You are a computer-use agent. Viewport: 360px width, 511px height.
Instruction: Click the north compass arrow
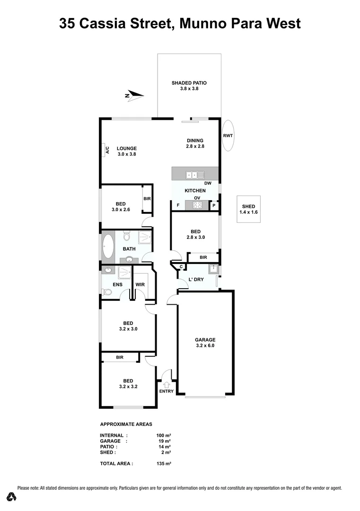(134, 96)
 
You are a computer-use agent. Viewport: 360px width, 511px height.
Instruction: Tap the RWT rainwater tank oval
(228, 135)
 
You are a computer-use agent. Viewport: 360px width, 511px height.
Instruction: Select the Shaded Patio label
(189, 86)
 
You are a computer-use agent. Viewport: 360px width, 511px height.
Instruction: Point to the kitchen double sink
(194, 175)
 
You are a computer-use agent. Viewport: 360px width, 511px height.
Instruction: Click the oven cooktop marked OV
(197, 205)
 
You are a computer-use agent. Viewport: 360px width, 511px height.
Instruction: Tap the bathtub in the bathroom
(107, 247)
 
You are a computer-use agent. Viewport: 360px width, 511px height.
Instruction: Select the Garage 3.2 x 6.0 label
(205, 343)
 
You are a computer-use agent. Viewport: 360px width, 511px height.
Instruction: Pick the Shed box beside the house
(248, 209)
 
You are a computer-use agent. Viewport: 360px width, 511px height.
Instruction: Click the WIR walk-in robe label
(140, 284)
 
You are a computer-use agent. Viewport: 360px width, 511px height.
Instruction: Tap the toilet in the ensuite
(107, 292)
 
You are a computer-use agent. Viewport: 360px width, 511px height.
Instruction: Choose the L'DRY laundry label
(196, 280)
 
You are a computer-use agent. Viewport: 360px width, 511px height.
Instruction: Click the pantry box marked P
(214, 205)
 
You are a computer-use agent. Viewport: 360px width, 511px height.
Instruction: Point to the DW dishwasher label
(207, 184)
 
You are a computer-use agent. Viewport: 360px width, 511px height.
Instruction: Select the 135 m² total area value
(164, 464)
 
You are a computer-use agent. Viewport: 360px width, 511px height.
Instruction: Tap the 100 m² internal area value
(164, 435)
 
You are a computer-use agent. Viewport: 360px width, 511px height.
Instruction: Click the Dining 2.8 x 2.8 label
(194, 143)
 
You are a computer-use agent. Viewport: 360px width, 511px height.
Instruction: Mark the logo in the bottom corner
(12, 496)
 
